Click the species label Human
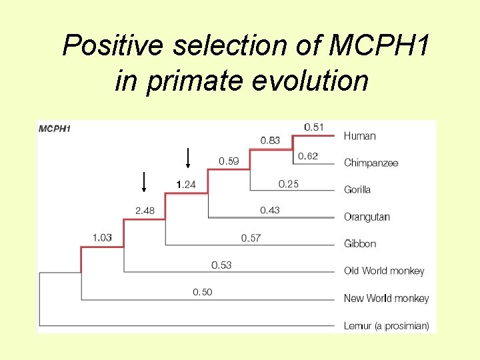[359, 136]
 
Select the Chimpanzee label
[371, 163]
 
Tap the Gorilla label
[357, 190]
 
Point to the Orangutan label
[367, 217]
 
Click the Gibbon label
[360, 244]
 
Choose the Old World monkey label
[383, 271]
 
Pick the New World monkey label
[386, 298]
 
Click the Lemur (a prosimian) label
[386, 325]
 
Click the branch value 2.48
[145, 211]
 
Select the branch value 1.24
[185, 184]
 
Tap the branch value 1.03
[102, 237]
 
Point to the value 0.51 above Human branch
[314, 127]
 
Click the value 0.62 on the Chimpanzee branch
[307, 156]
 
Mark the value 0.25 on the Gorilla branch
[288, 183]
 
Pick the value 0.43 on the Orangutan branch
[269, 210]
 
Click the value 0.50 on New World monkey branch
[202, 292]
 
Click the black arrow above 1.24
[188, 157]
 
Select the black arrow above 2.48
[144, 181]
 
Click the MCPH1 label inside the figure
[54, 129]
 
